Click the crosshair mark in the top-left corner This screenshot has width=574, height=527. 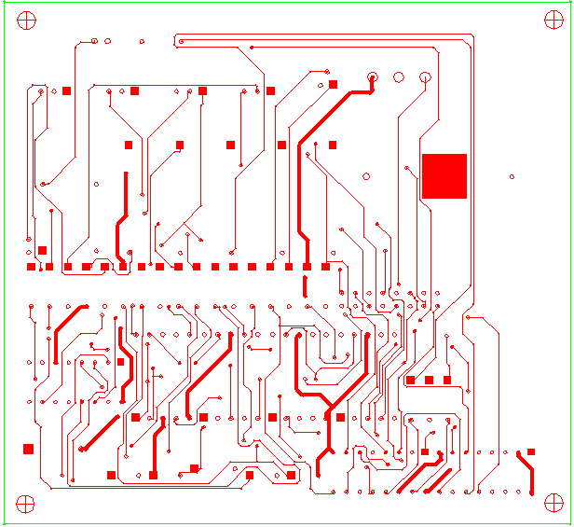26,20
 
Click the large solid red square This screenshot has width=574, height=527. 444,175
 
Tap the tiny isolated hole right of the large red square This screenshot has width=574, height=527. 512,176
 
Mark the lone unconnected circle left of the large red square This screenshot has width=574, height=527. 366,176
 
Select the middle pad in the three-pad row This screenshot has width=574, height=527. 429,380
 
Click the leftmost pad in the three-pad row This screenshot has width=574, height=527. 410,380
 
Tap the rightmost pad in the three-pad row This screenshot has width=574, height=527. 447,380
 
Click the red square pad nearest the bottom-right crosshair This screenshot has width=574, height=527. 531,452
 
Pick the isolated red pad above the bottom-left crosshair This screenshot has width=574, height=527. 28,449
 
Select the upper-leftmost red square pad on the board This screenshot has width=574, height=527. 66,90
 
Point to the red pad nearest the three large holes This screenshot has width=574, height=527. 333,85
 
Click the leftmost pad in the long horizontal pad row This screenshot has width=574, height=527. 31,267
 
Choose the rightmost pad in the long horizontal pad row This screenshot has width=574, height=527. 325,267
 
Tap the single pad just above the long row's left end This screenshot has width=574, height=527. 42,250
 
